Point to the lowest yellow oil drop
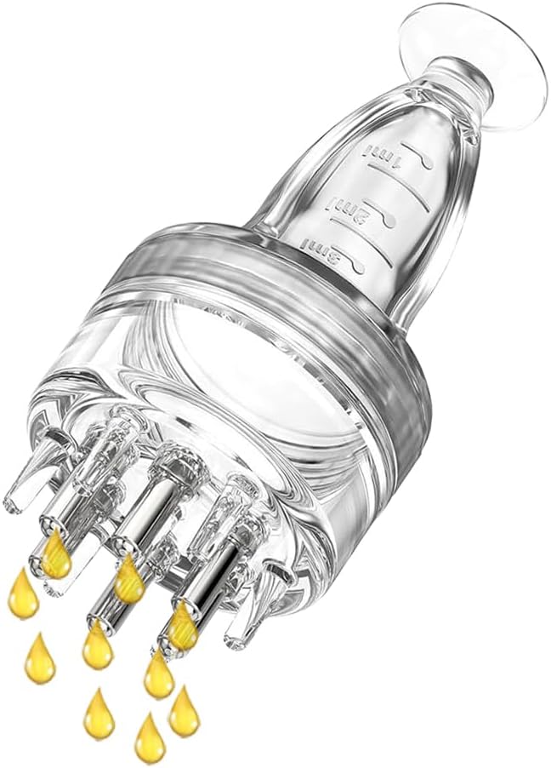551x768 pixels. pyautogui.click(x=149, y=736)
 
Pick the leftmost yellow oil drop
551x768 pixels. pyautogui.click(x=23, y=593)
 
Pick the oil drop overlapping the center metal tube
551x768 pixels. pyautogui.click(x=129, y=579)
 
